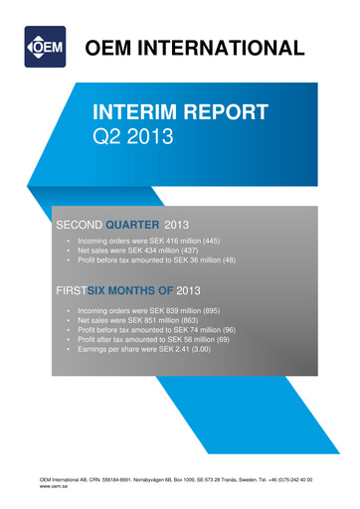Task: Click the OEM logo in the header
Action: click(x=45, y=47)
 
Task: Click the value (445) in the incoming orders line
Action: click(x=209, y=242)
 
